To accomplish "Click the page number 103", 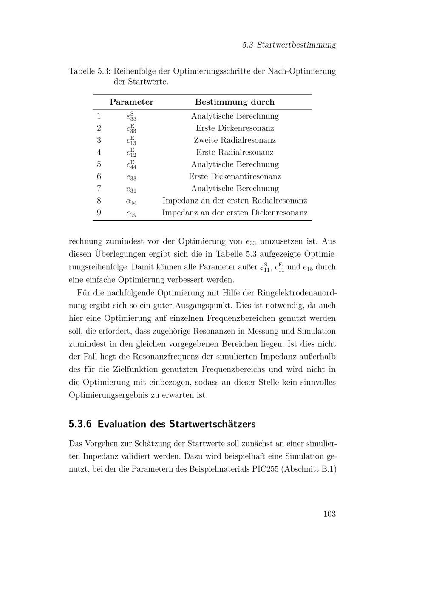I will (x=329, y=514).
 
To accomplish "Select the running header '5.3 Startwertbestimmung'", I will (x=289, y=45).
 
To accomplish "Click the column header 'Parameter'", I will (x=131, y=102).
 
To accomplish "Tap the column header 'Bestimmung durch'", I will (x=235, y=102).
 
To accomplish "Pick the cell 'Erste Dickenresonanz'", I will (x=235, y=128).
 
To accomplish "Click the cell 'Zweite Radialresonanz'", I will (x=235, y=140).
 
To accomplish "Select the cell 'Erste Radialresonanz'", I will (x=235, y=152).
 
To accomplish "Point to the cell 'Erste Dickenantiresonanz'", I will (x=235, y=176).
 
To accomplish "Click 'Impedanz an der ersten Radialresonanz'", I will (x=235, y=201).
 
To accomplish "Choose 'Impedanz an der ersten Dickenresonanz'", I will (x=235, y=213).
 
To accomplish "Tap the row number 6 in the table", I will (x=99, y=176).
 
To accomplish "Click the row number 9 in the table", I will (x=99, y=213).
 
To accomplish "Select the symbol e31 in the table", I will (x=131, y=189).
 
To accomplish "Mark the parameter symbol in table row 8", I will (x=131, y=201).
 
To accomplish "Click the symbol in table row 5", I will (x=131, y=164).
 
